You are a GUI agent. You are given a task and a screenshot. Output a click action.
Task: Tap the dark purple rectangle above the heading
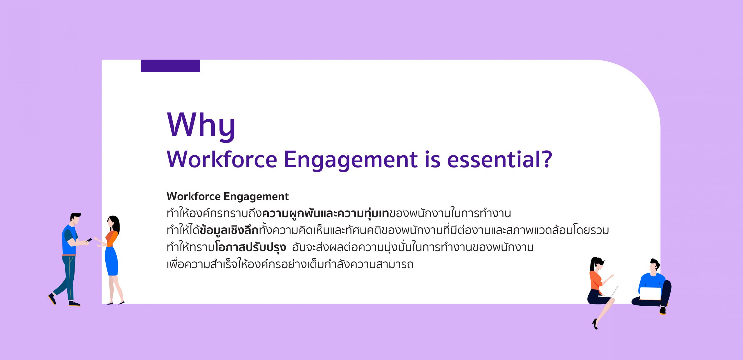[170, 66]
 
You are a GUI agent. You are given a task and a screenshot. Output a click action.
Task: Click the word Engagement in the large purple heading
[351, 161]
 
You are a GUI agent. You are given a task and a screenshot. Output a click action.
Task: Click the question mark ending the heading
[547, 159]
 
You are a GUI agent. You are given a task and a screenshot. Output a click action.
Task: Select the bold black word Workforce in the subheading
[194, 197]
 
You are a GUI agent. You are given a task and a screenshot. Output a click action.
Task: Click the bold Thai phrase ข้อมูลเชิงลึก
[229, 230]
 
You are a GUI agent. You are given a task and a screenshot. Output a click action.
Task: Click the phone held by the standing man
[89, 240]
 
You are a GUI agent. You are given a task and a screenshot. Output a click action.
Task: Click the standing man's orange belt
[69, 255]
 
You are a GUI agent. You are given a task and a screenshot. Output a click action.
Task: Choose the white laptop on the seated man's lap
[650, 294]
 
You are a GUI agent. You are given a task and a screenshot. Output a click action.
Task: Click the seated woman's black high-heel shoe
[595, 324]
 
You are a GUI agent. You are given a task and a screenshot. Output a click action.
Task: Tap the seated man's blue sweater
[651, 282]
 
